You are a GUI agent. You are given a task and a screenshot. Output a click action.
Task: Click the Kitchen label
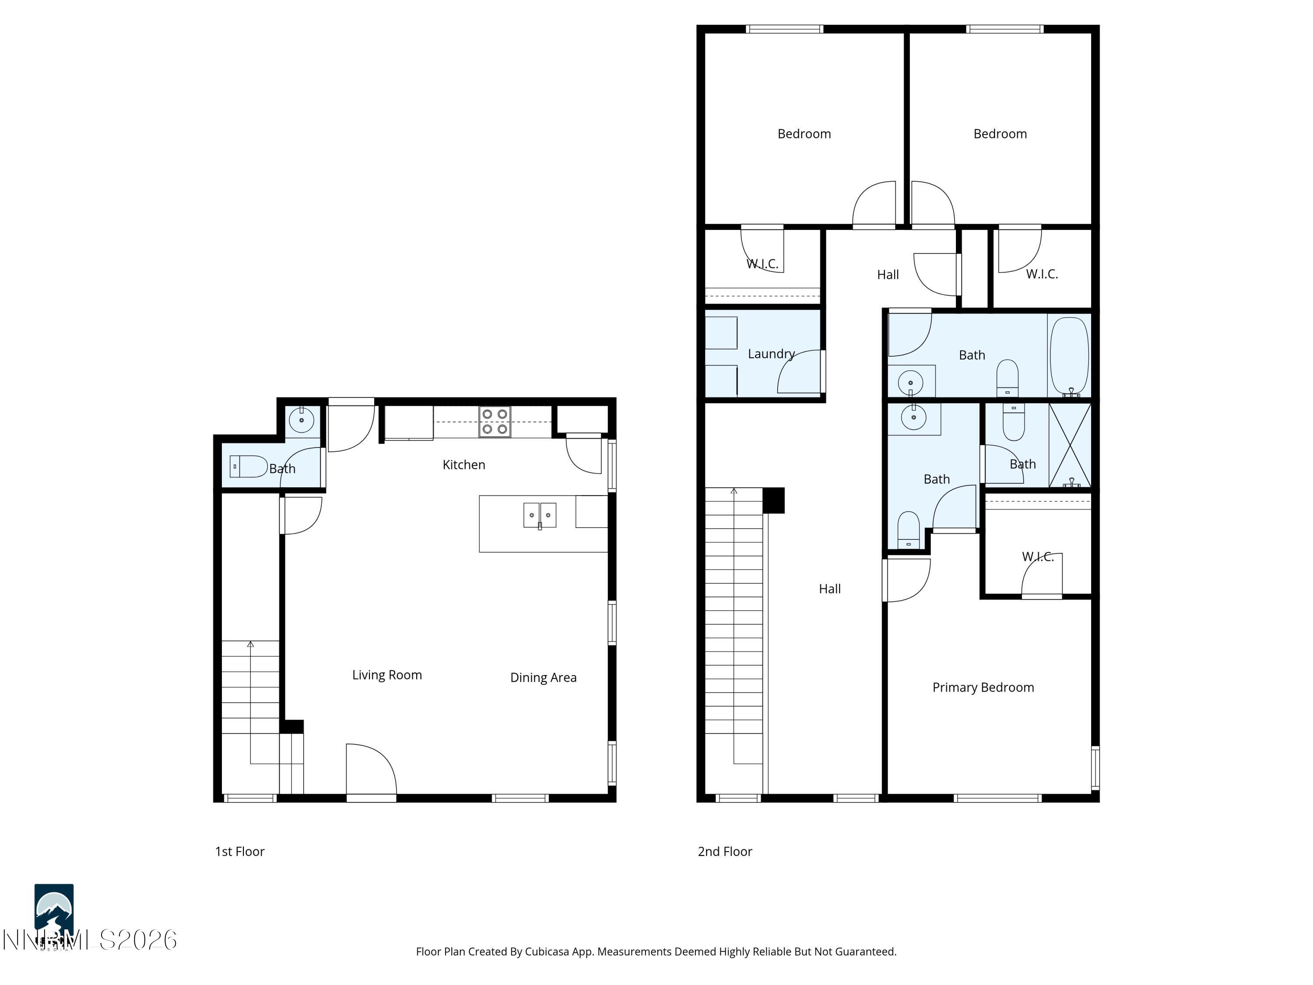coord(463,465)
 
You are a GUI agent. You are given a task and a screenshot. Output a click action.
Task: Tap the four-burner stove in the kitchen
coord(495,422)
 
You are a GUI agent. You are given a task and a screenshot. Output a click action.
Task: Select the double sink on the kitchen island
coord(540,515)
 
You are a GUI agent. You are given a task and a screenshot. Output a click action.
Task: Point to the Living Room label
coord(387,675)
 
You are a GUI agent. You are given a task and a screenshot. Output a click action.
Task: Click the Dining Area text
coord(543,677)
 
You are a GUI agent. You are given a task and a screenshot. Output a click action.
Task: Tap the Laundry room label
coord(771,354)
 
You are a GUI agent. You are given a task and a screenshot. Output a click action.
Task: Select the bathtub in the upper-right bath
coord(1069,356)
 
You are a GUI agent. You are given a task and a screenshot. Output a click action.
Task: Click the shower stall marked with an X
coord(1070,445)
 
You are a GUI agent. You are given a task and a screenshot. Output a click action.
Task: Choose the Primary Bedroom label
coord(983,688)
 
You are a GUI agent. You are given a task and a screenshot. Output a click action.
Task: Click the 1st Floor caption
coord(240,851)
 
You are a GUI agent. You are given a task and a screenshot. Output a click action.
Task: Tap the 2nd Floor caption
coord(725,851)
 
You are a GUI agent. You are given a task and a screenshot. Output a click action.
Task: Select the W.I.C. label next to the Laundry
coord(762,264)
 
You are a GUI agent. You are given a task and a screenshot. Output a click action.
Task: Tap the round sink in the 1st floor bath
coord(302,420)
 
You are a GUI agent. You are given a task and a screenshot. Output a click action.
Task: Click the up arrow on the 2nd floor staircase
coord(734,492)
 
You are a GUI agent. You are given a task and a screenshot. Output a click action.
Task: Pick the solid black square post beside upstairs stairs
coord(773,500)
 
